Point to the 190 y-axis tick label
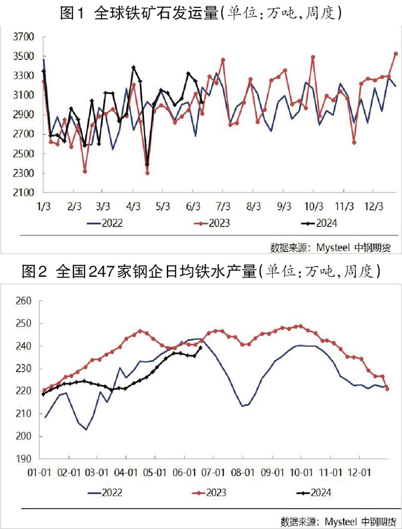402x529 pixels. [x=23, y=459]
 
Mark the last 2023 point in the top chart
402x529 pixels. [x=396, y=54]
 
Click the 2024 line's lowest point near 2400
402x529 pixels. [x=147, y=164]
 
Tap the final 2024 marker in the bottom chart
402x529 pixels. [x=201, y=347]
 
